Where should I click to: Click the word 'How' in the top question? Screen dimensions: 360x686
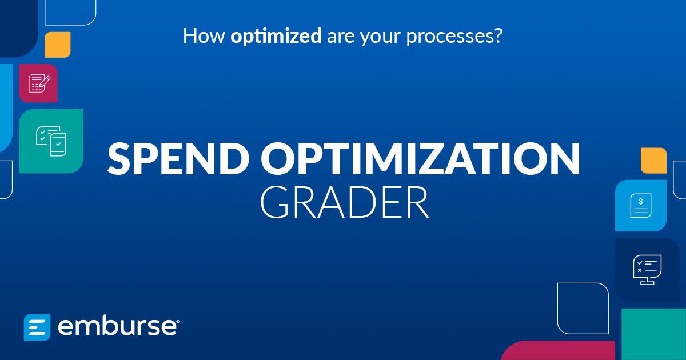point(204,37)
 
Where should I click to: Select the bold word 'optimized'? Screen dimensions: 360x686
point(276,37)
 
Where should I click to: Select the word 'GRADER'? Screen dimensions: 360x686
point(344,202)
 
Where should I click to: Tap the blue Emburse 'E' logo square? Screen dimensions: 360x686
point(37,327)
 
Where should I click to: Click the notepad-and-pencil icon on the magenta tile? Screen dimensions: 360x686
point(38,83)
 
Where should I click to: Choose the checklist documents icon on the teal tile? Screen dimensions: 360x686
point(51,141)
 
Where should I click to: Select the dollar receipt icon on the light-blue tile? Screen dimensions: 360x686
point(641,206)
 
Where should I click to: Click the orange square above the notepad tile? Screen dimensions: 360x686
point(57,45)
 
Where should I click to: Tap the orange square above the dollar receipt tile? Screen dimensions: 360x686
point(653,160)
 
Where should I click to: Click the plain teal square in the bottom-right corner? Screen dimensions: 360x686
point(653,334)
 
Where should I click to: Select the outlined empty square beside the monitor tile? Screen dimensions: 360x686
point(583,308)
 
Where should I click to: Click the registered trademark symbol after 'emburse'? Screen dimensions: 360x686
point(178,322)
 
